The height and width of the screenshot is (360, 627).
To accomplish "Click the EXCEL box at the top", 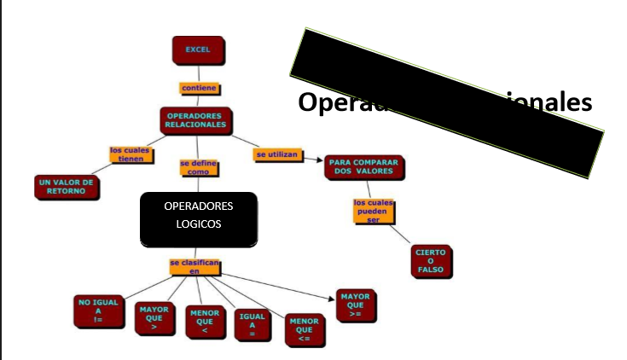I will [198, 50].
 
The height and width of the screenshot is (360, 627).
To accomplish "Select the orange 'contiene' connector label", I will [199, 88].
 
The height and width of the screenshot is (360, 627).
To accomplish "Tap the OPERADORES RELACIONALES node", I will [196, 120].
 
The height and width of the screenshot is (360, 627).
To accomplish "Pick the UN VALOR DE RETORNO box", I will [66, 187].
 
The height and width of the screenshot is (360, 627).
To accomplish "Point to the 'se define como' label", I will [198, 167].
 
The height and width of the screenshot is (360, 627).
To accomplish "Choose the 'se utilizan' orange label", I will [276, 154].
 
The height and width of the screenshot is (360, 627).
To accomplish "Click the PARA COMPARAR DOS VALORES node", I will [364, 167].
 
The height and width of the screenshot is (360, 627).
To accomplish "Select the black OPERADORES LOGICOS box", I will [198, 219].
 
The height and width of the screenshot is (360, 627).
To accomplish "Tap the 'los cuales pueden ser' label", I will [373, 210].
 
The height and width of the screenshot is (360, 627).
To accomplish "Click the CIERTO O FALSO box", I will [430, 262].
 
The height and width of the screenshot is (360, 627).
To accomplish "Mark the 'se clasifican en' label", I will [194, 267].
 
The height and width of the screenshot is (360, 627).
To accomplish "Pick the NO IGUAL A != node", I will [98, 312].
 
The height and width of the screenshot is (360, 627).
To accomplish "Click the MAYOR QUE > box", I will [154, 318].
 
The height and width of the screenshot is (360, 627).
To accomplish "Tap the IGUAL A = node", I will [253, 326].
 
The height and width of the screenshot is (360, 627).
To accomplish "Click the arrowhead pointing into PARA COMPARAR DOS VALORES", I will [320, 160].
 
